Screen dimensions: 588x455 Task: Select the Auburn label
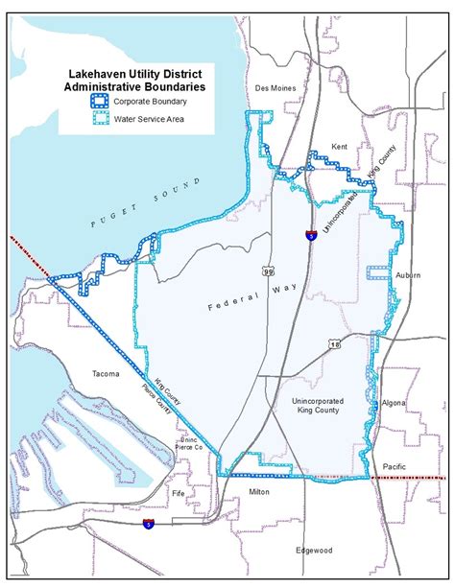(407, 275)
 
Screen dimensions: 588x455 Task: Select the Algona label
(395, 403)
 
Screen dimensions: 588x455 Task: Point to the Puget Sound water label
(143, 202)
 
